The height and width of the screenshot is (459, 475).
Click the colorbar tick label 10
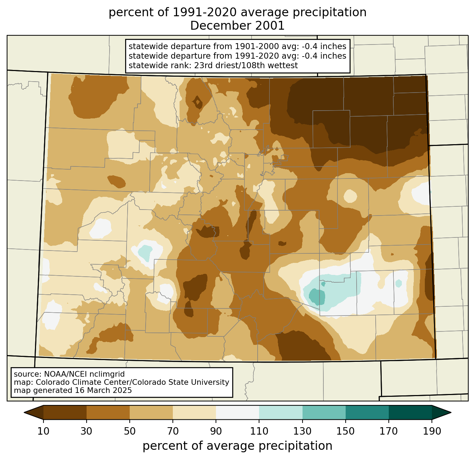(43, 431)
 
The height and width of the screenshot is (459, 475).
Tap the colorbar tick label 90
(216, 431)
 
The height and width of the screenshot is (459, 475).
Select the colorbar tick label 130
(302, 431)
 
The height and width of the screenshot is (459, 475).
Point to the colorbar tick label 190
(432, 431)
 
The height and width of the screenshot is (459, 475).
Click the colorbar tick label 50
(130, 431)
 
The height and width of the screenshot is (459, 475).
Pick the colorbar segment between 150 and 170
(367, 412)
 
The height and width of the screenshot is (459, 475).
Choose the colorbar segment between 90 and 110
(237, 412)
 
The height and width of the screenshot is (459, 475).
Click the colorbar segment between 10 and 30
(65, 412)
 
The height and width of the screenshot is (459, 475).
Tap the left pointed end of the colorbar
(24, 412)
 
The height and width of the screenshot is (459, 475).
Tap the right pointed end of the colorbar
(451, 412)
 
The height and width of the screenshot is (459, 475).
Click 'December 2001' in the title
(237, 26)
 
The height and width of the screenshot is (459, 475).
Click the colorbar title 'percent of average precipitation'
(237, 446)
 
